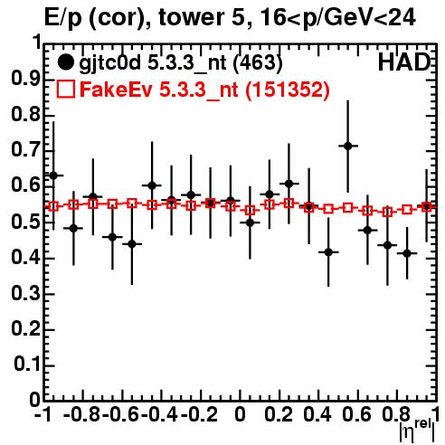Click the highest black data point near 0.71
pyautogui.click(x=348, y=147)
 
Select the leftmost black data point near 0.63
pyautogui.click(x=53, y=175)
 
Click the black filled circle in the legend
pyautogui.click(x=65, y=62)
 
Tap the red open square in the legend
pyautogui.click(x=65, y=90)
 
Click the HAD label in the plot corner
pyautogui.click(x=403, y=62)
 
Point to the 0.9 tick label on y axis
pyautogui.click(x=25, y=79)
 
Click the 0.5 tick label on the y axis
pyautogui.click(x=25, y=222)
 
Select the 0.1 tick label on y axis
pyautogui.click(x=27, y=365)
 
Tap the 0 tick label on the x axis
pyautogui.click(x=240, y=414)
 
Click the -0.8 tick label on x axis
pyautogui.click(x=81, y=414)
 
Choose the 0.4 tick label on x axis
pyautogui.click(x=317, y=414)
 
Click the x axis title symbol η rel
pyautogui.click(x=417, y=430)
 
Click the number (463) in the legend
pyautogui.click(x=258, y=62)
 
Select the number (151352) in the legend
pyautogui.click(x=288, y=90)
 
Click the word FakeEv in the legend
pyautogui.click(x=116, y=90)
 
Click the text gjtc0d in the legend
pyautogui.click(x=110, y=63)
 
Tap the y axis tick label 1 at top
pyautogui.click(x=37, y=43)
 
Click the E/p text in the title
pyautogui.click(x=63, y=18)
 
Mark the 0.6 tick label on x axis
pyautogui.click(x=356, y=414)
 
